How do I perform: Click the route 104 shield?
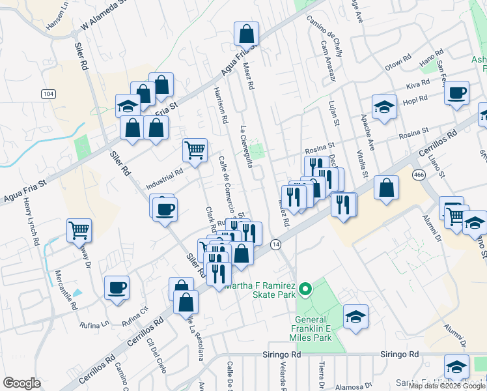pos(47,94)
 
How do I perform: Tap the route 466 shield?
pos(419,175)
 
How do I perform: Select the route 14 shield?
pos(276,244)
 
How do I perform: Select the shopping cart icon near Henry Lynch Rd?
pos(78,229)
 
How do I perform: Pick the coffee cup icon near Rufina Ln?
pos(117,287)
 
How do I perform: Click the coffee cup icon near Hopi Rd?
pos(457,92)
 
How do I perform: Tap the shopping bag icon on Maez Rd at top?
pos(247,33)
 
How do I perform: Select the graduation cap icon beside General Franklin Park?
pos(355,317)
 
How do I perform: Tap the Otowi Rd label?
pos(398,62)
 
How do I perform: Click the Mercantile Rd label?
pos(65,290)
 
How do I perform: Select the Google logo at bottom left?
pos(21,383)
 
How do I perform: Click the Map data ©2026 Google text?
pos(447,386)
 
